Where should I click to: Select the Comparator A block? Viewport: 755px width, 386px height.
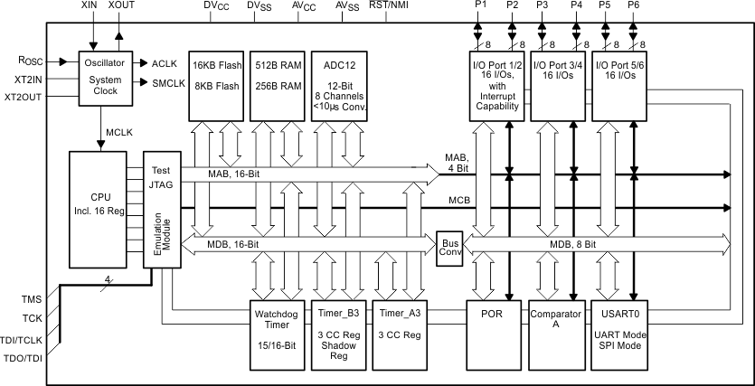coord(554,334)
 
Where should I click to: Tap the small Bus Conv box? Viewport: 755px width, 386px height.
coord(449,244)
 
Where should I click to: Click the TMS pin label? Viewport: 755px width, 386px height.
coord(30,298)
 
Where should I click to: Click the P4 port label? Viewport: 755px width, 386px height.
coord(577,5)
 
